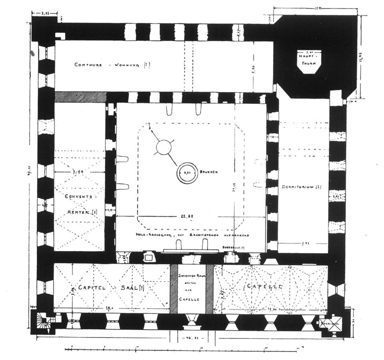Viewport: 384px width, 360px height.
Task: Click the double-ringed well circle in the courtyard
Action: [188, 173]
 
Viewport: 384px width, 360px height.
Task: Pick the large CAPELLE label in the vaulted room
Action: [265, 287]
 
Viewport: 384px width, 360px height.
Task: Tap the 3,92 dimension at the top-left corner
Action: [47, 14]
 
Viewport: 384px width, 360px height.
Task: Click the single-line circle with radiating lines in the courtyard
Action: [163, 148]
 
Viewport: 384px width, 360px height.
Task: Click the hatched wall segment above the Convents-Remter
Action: [80, 97]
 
